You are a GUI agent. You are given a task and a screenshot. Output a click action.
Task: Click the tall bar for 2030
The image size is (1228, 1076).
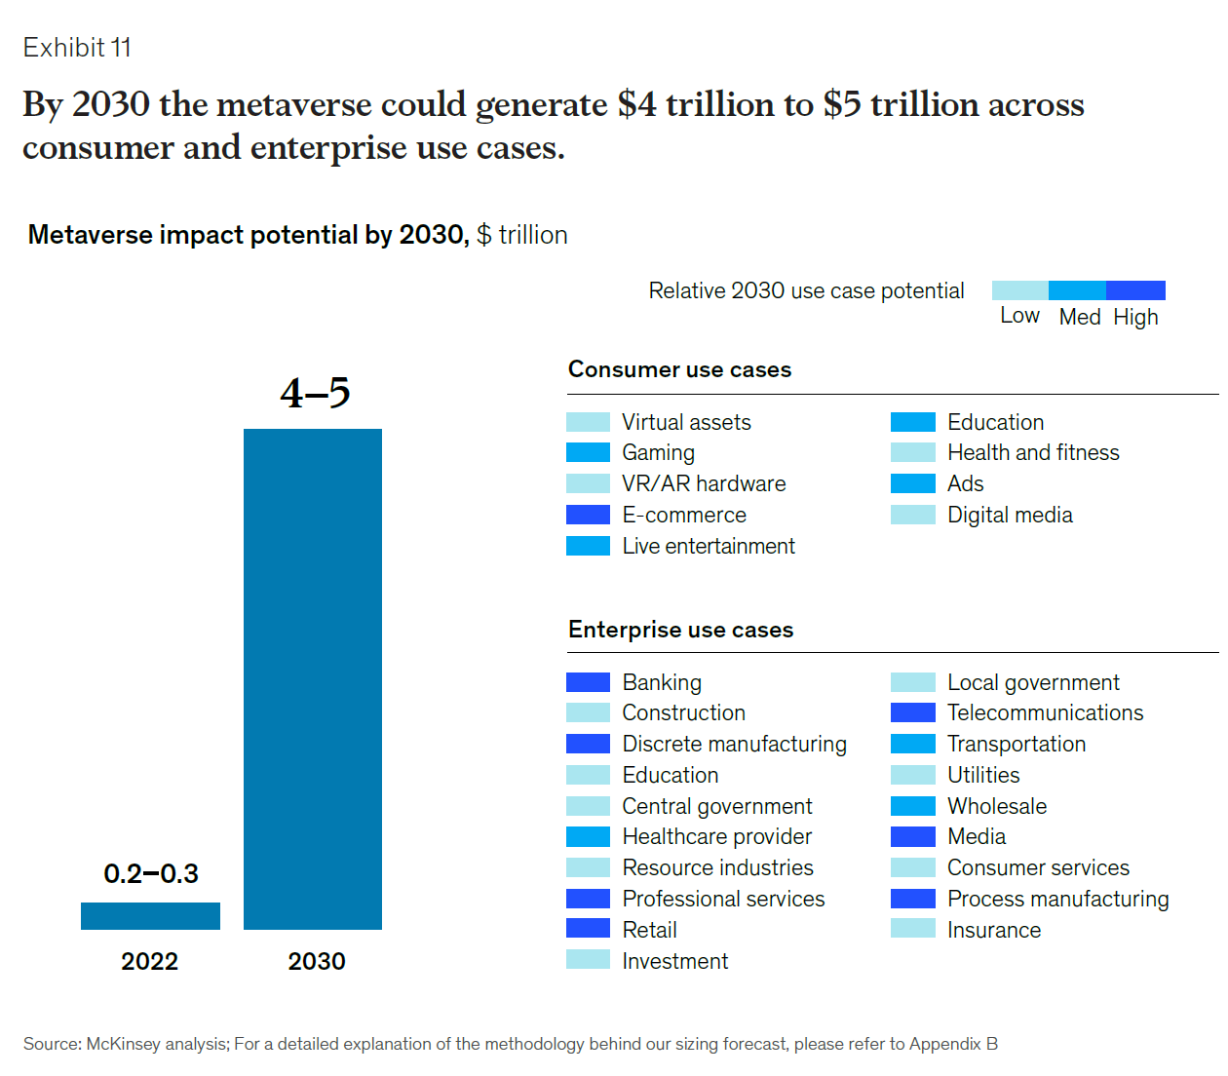click(x=313, y=678)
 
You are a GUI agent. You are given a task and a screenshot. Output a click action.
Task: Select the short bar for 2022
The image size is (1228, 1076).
click(x=150, y=915)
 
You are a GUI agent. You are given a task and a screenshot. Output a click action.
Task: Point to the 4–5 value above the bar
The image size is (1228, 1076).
click(x=315, y=393)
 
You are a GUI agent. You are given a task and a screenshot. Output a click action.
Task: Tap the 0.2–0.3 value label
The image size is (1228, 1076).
click(x=151, y=873)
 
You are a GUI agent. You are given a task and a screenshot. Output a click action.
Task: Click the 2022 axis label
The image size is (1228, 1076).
click(x=150, y=961)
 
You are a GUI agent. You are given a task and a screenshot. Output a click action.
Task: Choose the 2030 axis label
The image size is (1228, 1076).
click(x=317, y=961)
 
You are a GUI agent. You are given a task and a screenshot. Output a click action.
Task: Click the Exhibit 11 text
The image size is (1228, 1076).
click(x=77, y=48)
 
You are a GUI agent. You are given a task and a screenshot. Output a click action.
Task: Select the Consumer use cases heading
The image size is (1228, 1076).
click(x=679, y=369)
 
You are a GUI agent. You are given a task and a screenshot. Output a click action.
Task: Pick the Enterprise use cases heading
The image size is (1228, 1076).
click(x=680, y=630)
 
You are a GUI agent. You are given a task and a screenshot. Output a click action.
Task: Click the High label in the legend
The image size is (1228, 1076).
click(x=1135, y=317)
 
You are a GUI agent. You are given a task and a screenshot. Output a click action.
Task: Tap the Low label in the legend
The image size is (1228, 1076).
click(x=1019, y=316)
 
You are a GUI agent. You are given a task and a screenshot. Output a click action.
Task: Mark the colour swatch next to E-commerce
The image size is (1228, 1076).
click(x=588, y=515)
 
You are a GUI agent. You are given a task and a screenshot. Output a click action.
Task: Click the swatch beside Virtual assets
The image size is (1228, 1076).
click(x=588, y=422)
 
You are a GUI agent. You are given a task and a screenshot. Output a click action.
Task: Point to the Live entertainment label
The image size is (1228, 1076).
click(x=709, y=546)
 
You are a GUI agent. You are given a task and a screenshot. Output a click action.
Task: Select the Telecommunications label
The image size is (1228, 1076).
click(x=1045, y=712)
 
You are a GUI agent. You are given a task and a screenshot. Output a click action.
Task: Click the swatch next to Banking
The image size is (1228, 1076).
click(x=588, y=682)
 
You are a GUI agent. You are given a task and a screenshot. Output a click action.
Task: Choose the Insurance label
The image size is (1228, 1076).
click(x=994, y=930)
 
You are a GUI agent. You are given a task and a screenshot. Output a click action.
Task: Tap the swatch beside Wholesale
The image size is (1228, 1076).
click(x=912, y=806)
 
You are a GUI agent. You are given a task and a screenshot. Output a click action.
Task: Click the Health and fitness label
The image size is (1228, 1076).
click(x=1033, y=452)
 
